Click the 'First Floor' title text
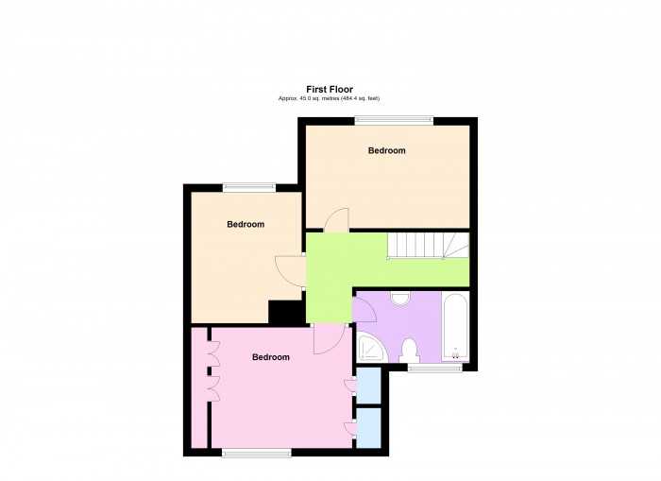click(x=330, y=89)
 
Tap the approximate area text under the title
click(x=330, y=98)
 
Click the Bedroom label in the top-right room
click(x=386, y=150)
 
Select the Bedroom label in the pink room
click(x=270, y=357)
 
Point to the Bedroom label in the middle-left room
click(x=245, y=224)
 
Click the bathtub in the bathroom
click(x=456, y=329)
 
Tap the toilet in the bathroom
click(x=410, y=351)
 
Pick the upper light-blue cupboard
click(x=367, y=387)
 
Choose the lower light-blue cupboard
click(x=367, y=427)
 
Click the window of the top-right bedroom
click(x=394, y=119)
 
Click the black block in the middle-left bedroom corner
click(x=284, y=311)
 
